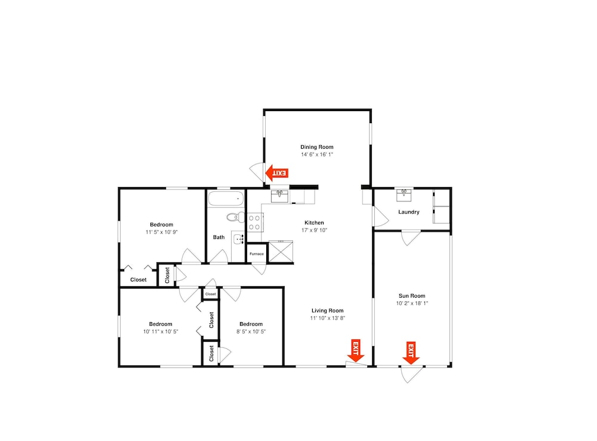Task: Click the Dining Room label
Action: [x=317, y=147]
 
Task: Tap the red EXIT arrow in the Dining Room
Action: [x=276, y=173]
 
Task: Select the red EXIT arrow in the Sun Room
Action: [x=411, y=353]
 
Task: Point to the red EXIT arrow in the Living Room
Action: [x=356, y=351]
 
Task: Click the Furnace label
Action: [x=257, y=254]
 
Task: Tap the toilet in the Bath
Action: [x=236, y=218]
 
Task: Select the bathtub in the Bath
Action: [x=226, y=198]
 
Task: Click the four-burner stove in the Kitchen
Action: [x=255, y=223]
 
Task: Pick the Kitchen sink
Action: [x=280, y=196]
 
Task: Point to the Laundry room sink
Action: [x=404, y=195]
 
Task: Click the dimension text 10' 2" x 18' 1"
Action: [x=412, y=304]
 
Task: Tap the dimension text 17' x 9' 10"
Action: [x=315, y=230]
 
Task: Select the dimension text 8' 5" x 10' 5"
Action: [x=251, y=332]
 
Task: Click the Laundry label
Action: [x=409, y=212]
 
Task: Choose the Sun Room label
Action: [x=412, y=296]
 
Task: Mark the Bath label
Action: [x=219, y=237]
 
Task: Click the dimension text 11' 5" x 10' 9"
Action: [x=161, y=232]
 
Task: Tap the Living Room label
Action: [x=327, y=311]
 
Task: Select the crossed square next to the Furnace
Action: [x=281, y=252]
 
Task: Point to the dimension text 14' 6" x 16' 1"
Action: [x=317, y=155]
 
